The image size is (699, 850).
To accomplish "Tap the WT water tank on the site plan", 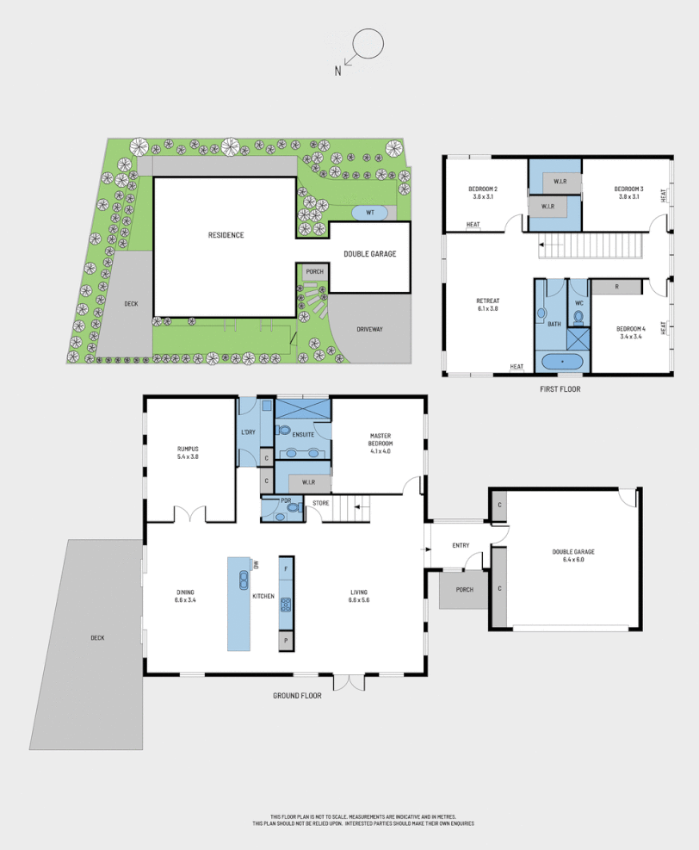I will click(x=370, y=212).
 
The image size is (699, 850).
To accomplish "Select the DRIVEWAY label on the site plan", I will click(x=369, y=329).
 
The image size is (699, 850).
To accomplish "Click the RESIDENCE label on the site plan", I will click(x=226, y=235).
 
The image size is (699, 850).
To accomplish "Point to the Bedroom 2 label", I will click(x=484, y=189).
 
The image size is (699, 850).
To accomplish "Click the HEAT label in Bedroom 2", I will click(x=473, y=226).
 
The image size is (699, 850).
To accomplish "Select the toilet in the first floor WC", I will click(x=578, y=316).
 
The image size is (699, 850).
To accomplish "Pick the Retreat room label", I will click(x=487, y=301).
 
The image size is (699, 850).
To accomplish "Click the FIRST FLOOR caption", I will click(x=559, y=389).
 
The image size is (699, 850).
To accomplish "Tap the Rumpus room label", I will click(x=188, y=449).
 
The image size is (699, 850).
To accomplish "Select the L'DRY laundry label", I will click(x=248, y=432).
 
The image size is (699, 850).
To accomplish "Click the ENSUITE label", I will click(x=302, y=434).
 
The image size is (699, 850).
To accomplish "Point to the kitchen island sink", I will click(x=238, y=579).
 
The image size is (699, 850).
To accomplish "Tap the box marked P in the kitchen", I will click(x=286, y=641).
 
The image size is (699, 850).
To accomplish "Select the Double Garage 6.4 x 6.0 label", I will click(x=573, y=555).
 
